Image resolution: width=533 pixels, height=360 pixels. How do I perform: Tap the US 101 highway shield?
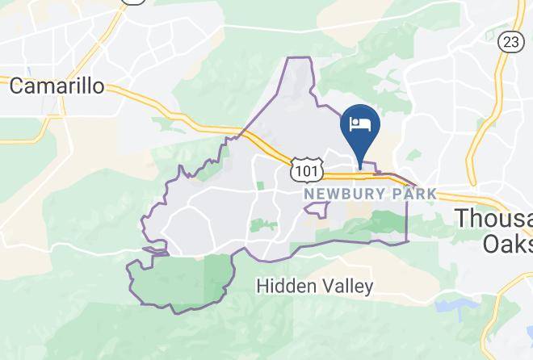[306, 170]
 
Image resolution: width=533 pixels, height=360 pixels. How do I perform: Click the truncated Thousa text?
[493, 218]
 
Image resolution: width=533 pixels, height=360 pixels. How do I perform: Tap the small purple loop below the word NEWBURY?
[316, 210]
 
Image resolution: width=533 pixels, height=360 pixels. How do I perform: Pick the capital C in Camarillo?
[15, 86]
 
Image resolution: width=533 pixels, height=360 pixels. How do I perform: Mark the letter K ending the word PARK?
[432, 194]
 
